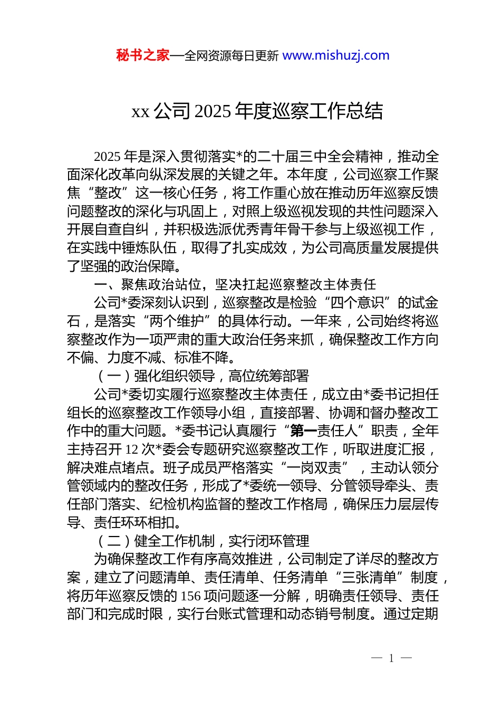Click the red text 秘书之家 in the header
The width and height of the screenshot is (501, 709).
(143, 55)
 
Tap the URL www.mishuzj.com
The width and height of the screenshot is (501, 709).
(336, 55)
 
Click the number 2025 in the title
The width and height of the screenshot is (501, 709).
(213, 111)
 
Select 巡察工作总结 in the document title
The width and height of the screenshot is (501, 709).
(327, 111)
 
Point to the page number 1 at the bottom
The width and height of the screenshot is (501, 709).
(391, 658)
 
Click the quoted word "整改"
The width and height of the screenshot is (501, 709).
(108, 193)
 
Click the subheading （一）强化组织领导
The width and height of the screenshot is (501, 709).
(156, 376)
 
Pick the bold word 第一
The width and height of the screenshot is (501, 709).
(303, 431)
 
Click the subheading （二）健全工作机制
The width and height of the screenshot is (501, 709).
(156, 541)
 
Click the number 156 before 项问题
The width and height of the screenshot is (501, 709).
(190, 596)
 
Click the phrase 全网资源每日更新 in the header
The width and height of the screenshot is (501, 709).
(232, 56)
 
